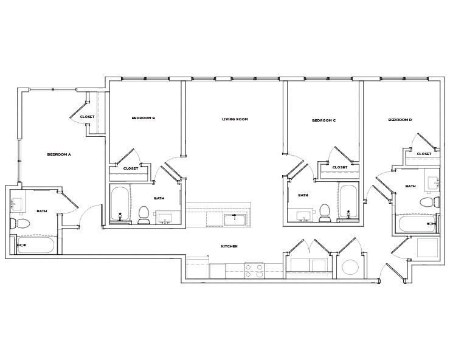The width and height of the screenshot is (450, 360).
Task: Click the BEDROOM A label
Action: pyautogui.click(x=59, y=154)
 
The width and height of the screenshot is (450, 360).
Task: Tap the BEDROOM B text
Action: pyautogui.click(x=144, y=118)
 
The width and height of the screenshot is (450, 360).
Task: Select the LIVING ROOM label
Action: pyautogui.click(x=235, y=119)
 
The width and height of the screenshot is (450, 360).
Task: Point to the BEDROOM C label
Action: pyautogui.click(x=324, y=120)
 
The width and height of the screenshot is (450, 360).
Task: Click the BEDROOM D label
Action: pyautogui.click(x=400, y=120)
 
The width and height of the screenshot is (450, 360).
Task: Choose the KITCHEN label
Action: pyautogui.click(x=229, y=246)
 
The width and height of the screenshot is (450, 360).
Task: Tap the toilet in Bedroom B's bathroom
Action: pyautogui.click(x=144, y=214)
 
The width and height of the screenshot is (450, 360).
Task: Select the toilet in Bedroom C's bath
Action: pyautogui.click(x=324, y=211)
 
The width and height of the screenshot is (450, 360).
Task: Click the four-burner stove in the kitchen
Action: pyautogui.click(x=254, y=271)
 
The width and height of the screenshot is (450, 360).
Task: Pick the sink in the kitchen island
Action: pyautogui.click(x=234, y=219)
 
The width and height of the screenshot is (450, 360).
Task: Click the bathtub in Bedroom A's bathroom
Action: pyautogui.click(x=36, y=245)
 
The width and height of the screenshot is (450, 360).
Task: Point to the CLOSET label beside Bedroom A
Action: pyautogui.click(x=87, y=117)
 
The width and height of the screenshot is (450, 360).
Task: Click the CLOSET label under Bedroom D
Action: pyautogui.click(x=424, y=154)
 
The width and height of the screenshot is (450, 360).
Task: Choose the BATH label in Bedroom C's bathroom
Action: pyautogui.click(x=303, y=195)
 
